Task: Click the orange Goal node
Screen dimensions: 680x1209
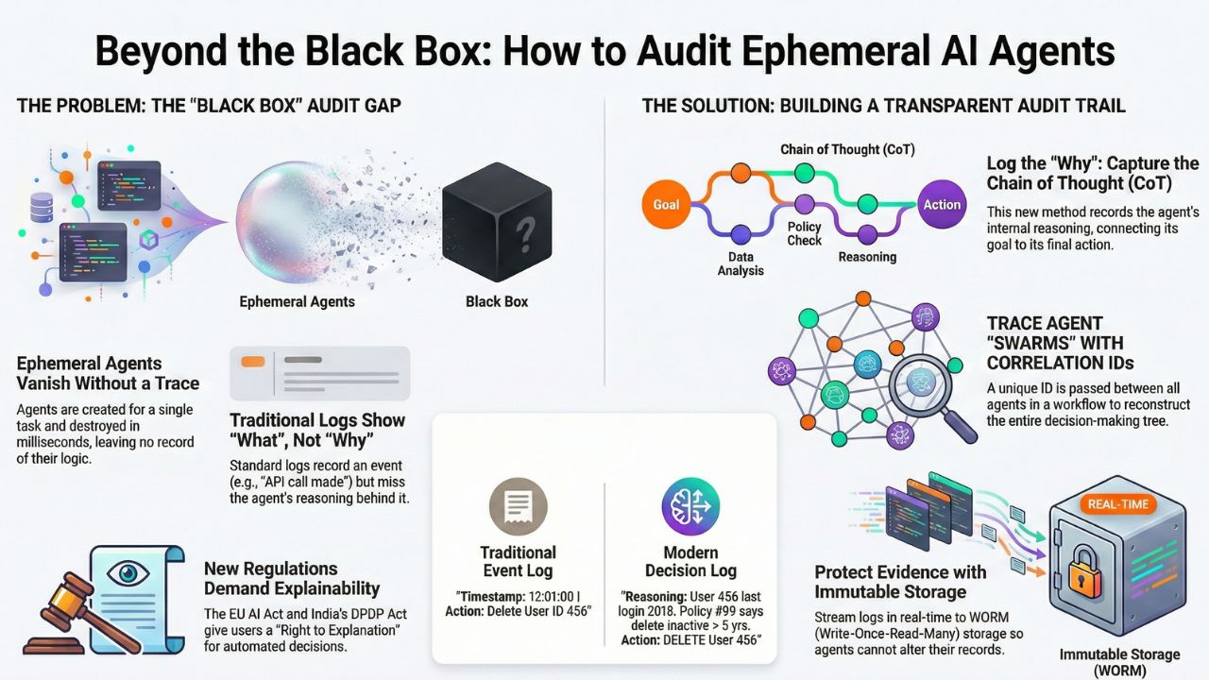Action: (x=666, y=204)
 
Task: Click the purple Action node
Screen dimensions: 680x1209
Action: (x=942, y=204)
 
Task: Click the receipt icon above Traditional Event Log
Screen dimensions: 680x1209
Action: (x=518, y=507)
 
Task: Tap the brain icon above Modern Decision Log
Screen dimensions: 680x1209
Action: (x=690, y=507)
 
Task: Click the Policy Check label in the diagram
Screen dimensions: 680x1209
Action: (x=805, y=234)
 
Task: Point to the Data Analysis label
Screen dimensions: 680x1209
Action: (x=740, y=263)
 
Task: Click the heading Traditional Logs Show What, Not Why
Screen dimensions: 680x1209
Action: (x=317, y=429)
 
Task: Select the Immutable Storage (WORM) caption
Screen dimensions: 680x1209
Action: (x=1119, y=662)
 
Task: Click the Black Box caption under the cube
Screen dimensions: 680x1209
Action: (x=497, y=301)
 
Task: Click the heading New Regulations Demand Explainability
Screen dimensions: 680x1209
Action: (x=292, y=578)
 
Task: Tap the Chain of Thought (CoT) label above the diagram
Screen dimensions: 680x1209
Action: (x=846, y=149)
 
